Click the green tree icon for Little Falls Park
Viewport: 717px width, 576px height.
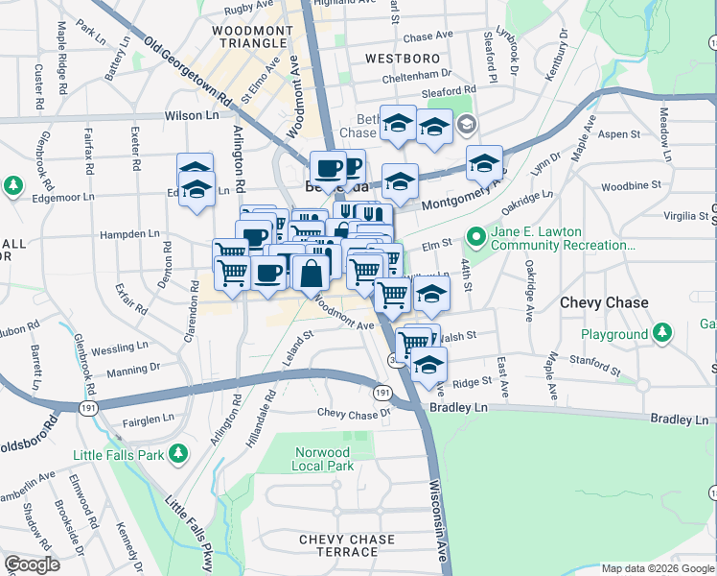[177, 452]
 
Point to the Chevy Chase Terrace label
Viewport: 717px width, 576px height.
[346, 545]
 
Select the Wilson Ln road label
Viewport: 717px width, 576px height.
[191, 115]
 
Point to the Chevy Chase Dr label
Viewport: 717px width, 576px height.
[355, 414]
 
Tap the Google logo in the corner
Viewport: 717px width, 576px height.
[32, 564]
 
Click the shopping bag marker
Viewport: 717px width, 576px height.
[312, 275]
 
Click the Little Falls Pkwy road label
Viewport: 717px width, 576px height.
[189, 528]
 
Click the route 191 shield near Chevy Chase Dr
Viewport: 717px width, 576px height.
[382, 394]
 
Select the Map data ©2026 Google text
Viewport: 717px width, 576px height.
[657, 568]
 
